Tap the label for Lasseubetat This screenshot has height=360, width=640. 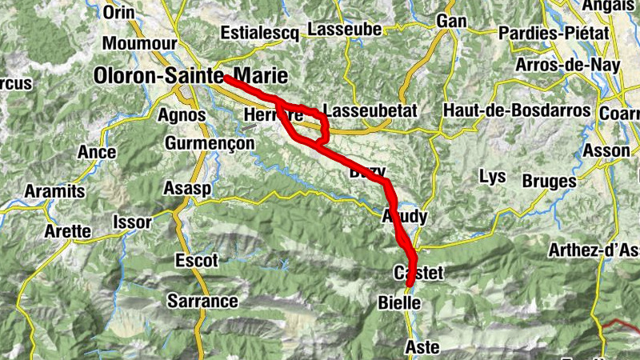point(369,111)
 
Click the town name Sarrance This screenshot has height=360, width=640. point(202,301)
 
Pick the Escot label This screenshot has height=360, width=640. point(196,261)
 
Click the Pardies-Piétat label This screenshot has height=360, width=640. point(553,34)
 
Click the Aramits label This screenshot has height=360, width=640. point(54,191)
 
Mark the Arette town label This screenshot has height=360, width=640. point(67,231)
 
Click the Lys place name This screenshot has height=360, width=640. point(491,175)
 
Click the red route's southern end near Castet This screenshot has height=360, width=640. point(410,282)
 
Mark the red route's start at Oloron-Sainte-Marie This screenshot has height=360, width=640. point(226,78)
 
